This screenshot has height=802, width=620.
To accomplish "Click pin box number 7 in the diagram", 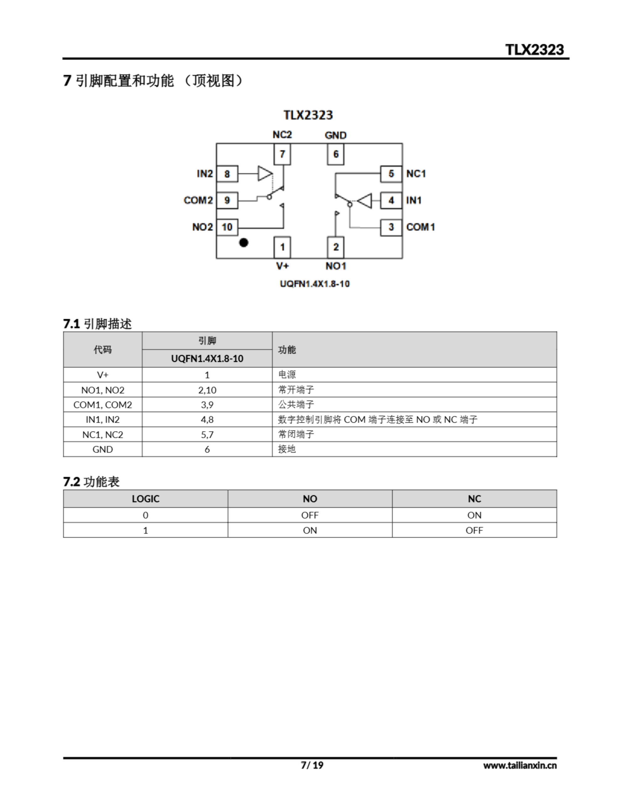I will coord(282,154).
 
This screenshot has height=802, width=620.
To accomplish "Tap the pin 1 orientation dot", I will coord(243,242).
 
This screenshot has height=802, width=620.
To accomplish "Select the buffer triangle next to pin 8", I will coord(265,173).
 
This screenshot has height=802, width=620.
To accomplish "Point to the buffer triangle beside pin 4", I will coord(365,200).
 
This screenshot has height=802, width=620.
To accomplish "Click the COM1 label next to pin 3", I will coord(420,227).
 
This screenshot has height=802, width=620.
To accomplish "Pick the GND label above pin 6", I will coord(335,135).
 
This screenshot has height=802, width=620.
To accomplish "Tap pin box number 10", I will coord(227,227).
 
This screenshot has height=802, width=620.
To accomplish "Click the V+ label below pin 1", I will coord(282,266).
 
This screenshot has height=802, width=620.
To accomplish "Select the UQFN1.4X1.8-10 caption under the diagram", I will coord(315,284).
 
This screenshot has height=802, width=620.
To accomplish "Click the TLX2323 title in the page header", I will coord(534,49).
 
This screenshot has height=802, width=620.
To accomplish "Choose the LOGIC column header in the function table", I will coord(145,499).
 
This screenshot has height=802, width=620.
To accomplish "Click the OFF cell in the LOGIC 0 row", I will coord(310,515).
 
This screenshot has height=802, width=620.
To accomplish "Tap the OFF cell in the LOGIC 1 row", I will coord(474,530).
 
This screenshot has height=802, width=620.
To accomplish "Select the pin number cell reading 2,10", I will coord(207,390).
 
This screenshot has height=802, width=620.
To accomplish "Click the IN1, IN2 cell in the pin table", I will coord(102,419).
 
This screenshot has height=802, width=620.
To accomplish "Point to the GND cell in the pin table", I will coord(102,449).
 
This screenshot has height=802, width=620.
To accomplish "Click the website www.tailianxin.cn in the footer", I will coord(520,765).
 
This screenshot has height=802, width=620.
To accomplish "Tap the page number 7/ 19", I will coord(312,765).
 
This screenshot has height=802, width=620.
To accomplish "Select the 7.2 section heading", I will coord(91,482).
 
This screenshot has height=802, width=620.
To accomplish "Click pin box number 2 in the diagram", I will coord(335,247).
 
